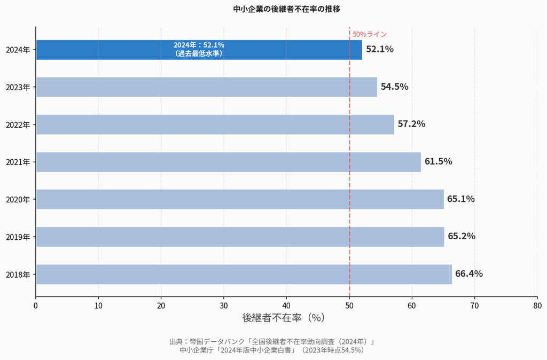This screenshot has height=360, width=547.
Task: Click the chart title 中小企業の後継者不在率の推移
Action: pyautogui.click(x=287, y=9)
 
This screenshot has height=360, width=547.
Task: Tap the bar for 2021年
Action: pyautogui.click(x=228, y=162)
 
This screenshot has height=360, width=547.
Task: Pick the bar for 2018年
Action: pyautogui.click(x=244, y=274)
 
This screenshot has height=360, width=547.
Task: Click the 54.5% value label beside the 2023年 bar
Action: pyautogui.click(x=394, y=87)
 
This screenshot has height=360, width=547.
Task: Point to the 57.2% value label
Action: pyautogui.click(x=411, y=124)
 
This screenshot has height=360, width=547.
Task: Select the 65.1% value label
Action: pyautogui.click(x=460, y=199)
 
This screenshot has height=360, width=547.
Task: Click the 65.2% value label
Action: pyautogui.click(x=461, y=236)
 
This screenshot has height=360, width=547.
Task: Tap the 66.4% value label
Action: pyautogui.click(x=468, y=273)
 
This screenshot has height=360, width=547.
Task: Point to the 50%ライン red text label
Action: pyautogui.click(x=370, y=34)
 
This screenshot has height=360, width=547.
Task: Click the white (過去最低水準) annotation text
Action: pyautogui.click(x=199, y=53)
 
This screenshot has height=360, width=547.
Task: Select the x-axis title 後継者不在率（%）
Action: pyautogui.click(x=283, y=317)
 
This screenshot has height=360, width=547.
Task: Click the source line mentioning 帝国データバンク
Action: pyautogui.click(x=272, y=342)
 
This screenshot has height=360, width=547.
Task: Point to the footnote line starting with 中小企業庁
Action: pyautogui.click(x=272, y=350)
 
